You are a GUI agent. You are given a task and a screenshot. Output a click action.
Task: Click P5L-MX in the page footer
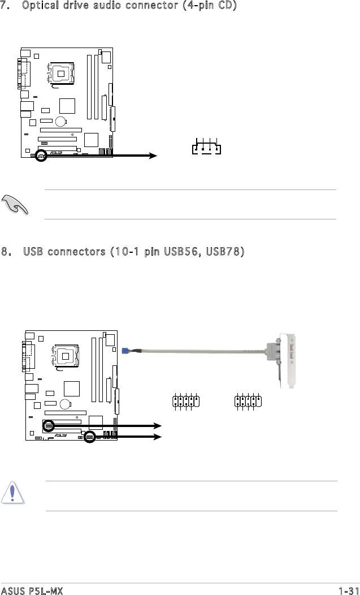[45, 590]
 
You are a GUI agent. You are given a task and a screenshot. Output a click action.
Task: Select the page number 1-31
[348, 590]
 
